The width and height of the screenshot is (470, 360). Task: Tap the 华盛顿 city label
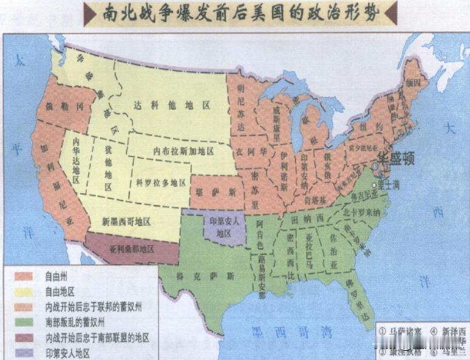pos(395,160)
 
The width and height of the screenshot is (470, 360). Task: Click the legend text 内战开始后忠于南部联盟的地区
pos(97,337)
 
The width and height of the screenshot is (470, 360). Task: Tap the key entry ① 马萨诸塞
pos(403,332)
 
